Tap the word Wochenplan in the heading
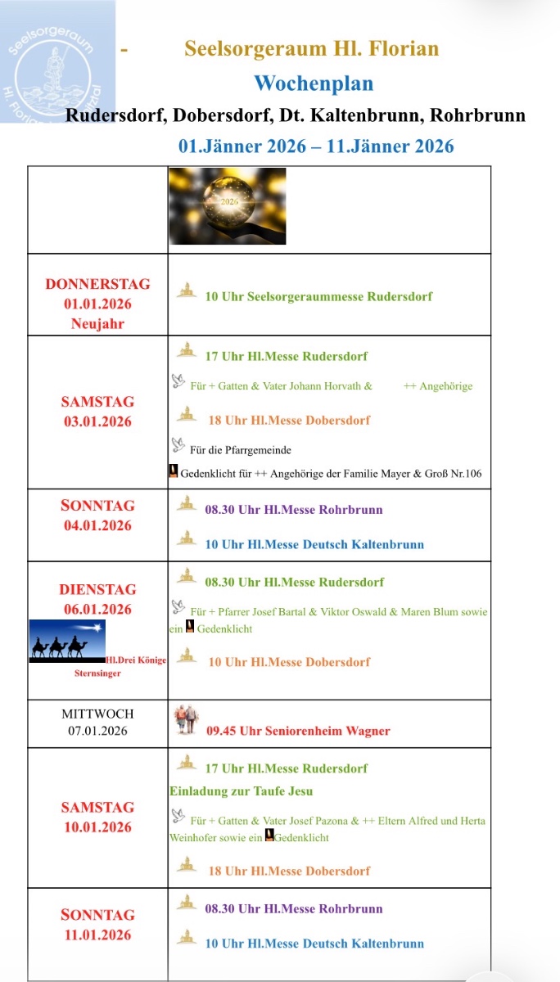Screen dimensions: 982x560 [313, 83]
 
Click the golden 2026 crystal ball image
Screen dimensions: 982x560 [228, 206]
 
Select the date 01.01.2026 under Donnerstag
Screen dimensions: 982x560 [97, 304]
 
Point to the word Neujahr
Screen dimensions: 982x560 [97, 323]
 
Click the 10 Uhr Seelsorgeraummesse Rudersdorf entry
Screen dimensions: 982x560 [318, 296]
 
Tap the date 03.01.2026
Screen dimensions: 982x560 [97, 421]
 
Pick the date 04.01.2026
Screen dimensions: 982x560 [97, 525]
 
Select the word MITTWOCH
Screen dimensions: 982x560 [97, 714]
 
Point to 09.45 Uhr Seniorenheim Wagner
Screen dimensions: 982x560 [298, 731]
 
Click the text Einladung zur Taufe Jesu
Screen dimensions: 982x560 [241, 791]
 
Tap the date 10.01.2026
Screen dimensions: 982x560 [97, 827]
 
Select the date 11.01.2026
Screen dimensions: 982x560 [97, 935]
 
